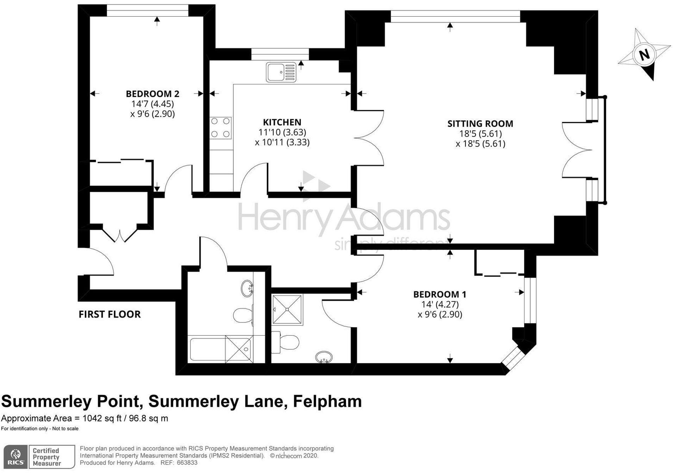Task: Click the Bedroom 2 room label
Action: (x=152, y=94)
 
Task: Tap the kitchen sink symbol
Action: (x=281, y=72)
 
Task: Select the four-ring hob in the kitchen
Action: (x=221, y=128)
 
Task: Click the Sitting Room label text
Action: (x=480, y=124)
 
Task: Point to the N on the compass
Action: (x=644, y=55)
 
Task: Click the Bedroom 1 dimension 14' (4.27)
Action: (x=440, y=304)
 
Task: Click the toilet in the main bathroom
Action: (x=243, y=314)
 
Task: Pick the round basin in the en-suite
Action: (x=324, y=357)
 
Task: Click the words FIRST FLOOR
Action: (x=109, y=314)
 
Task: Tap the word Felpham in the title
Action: (x=327, y=402)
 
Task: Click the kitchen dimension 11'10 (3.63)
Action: (x=282, y=132)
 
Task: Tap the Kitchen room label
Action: (x=282, y=122)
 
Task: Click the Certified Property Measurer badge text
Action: (x=46, y=457)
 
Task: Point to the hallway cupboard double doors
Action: (x=120, y=234)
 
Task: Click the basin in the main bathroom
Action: (x=247, y=288)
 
